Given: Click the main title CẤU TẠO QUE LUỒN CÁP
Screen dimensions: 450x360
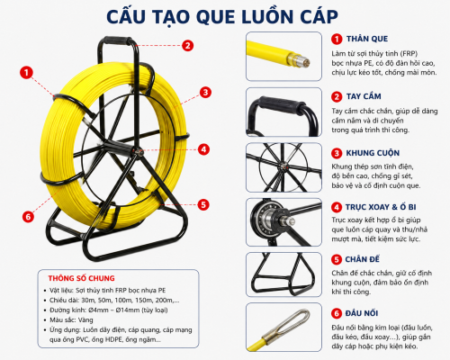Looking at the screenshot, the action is point(222,16).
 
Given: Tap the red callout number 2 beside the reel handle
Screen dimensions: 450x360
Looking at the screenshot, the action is point(187,46).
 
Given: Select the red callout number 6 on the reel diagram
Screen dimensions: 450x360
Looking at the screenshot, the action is point(28,216).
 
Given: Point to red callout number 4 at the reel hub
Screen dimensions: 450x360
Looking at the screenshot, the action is point(203,149).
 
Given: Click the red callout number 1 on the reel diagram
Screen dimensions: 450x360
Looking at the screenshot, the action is point(26,73).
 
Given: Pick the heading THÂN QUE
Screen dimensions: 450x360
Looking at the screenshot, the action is point(367,39).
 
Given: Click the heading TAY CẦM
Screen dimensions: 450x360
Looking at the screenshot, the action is point(364,96).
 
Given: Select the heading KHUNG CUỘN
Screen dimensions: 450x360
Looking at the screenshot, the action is point(373,153).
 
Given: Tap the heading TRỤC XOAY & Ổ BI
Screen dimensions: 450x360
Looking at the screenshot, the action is point(381,207).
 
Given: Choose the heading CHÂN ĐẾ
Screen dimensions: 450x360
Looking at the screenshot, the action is point(363,259).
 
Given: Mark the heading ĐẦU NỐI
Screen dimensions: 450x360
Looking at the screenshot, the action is point(362,313).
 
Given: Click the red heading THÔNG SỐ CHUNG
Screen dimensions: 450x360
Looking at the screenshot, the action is point(81,278).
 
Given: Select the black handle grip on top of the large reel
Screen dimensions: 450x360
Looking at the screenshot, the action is point(117,40).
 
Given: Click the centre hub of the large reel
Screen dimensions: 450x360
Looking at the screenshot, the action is point(139,151).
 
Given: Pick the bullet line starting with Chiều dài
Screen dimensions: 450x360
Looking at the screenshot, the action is point(114,301).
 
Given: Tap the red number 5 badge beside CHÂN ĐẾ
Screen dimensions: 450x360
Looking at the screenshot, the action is point(337,259).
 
